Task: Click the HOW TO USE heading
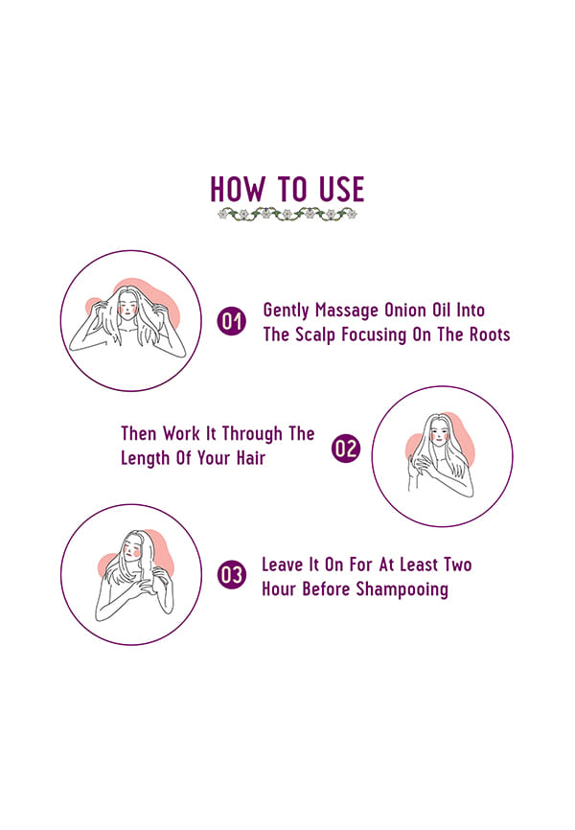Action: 287,189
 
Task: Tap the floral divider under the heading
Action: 287,214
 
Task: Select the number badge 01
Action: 231,321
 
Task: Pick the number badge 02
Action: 346,449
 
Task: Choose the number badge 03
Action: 231,575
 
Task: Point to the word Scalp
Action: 315,335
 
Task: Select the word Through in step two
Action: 252,434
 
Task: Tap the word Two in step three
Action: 458,565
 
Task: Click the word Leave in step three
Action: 282,565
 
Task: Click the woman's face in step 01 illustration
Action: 127,306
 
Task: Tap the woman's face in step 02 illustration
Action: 439,432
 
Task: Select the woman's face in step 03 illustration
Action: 132,547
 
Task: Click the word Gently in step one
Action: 286,311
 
